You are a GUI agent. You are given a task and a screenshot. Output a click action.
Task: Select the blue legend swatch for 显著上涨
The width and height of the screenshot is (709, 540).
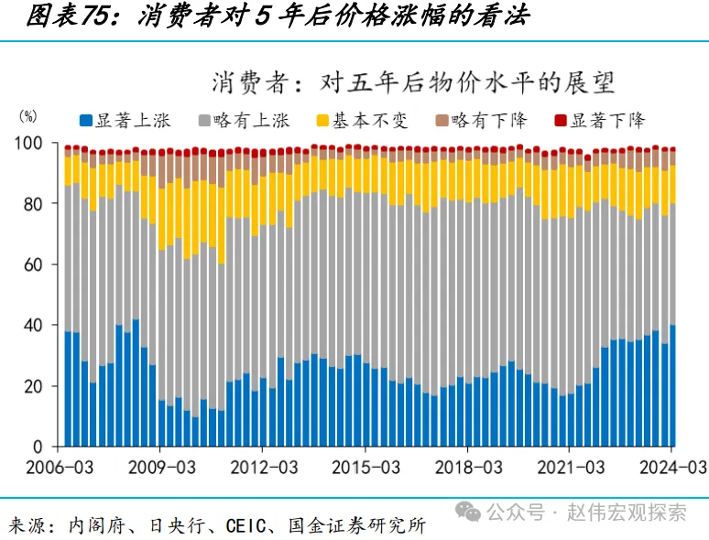click(86, 120)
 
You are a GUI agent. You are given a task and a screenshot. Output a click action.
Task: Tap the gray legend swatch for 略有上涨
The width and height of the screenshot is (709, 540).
click(204, 120)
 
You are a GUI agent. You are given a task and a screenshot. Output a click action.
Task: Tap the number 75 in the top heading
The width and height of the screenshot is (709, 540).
click(90, 17)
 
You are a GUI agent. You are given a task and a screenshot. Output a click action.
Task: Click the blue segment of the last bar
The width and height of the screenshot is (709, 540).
click(673, 385)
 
